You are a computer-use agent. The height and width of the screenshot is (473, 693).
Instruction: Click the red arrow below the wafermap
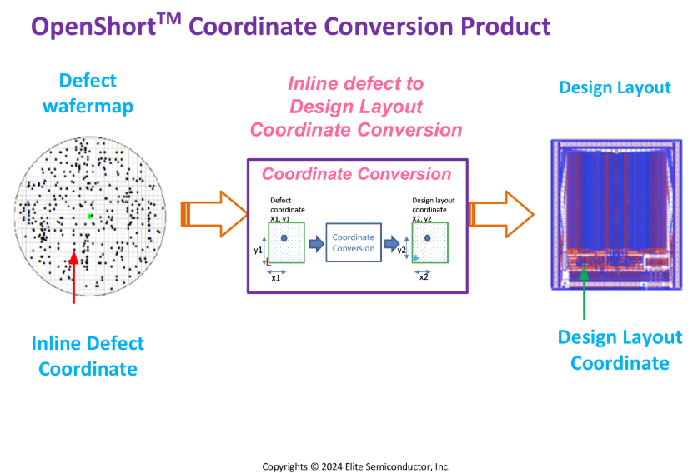[74, 277]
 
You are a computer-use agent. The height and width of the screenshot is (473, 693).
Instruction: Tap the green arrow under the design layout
[584, 293]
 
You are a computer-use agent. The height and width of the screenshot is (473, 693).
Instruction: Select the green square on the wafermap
[90, 216]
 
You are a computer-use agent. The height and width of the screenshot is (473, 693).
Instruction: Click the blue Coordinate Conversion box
[354, 242]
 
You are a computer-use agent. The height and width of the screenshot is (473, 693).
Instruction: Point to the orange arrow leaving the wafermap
[214, 214]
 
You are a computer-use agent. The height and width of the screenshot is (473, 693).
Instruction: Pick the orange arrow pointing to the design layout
[501, 215]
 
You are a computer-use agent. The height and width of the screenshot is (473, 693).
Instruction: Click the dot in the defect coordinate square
[284, 238]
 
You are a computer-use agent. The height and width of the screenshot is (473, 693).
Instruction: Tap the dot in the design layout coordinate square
[427, 238]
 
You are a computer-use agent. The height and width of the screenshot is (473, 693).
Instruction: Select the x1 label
[276, 278]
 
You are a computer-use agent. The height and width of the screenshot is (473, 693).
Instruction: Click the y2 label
[401, 250]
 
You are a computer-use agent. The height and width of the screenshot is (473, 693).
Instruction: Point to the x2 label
[424, 277]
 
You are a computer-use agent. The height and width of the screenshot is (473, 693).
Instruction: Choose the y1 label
[259, 250]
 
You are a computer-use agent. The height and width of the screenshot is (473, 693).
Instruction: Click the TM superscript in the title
[168, 18]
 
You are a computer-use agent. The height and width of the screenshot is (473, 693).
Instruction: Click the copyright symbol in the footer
[314, 466]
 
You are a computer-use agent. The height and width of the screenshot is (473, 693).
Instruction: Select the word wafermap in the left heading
[88, 107]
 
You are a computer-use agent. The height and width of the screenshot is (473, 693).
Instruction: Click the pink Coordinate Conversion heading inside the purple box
[357, 174]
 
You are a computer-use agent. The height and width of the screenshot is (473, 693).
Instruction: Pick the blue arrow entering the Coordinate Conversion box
[316, 243]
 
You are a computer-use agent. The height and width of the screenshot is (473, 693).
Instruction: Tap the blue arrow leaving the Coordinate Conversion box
[392, 243]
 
